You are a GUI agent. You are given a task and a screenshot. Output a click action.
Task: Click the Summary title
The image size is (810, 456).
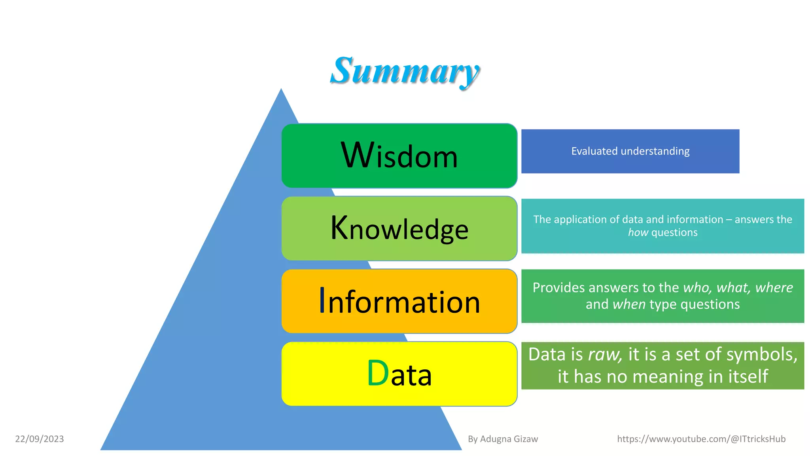click(x=405, y=71)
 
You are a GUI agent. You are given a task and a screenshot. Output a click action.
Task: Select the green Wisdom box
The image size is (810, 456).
click(x=399, y=156)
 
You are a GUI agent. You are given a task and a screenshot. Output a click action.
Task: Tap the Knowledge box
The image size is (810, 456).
click(x=399, y=228)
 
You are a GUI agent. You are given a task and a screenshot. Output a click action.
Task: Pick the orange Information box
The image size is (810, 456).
click(x=399, y=301)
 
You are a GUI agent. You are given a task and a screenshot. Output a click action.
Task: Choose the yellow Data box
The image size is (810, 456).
click(x=399, y=374)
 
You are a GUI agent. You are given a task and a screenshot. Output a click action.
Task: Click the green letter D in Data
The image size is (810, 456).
click(x=378, y=373)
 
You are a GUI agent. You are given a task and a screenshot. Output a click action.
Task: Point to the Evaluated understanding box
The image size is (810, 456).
click(x=630, y=151)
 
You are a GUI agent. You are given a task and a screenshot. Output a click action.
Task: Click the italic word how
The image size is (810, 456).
click(x=638, y=233)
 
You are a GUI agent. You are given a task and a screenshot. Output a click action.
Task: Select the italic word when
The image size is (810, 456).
click(x=629, y=304)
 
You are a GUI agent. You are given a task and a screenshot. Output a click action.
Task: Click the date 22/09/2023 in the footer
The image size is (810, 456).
click(x=40, y=439)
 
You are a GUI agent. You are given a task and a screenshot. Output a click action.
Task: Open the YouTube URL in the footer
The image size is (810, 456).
click(x=701, y=439)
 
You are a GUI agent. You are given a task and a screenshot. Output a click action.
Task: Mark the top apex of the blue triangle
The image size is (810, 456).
click(x=281, y=89)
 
